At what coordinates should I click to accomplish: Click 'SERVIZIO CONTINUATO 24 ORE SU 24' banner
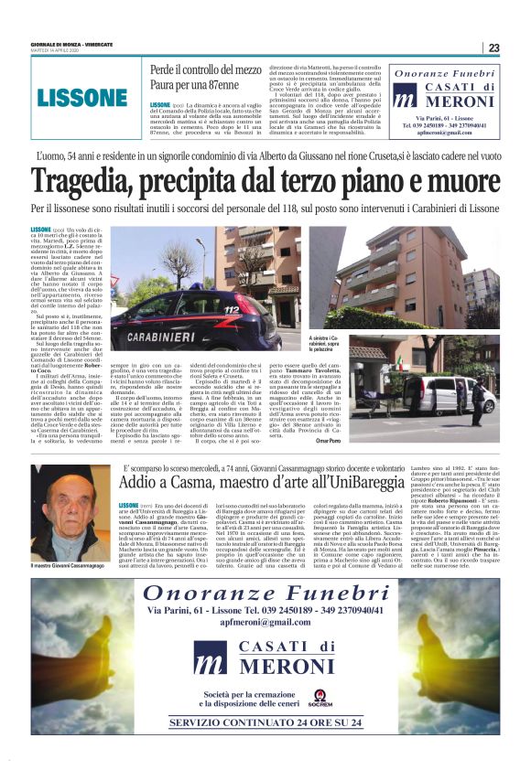(265, 722)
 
